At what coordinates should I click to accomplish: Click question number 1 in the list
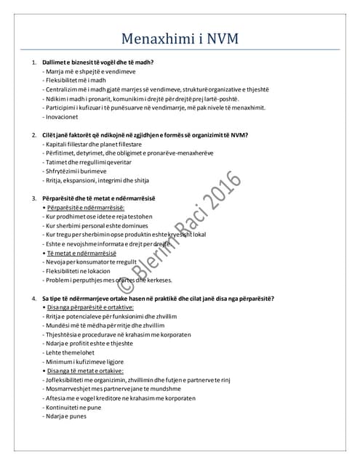[x=34, y=63]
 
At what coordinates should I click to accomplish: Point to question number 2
[x=34, y=135]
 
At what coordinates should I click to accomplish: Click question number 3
[x=34, y=198]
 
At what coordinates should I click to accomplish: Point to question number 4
[x=34, y=298]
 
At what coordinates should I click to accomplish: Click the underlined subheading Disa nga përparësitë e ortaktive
[x=97, y=307]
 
